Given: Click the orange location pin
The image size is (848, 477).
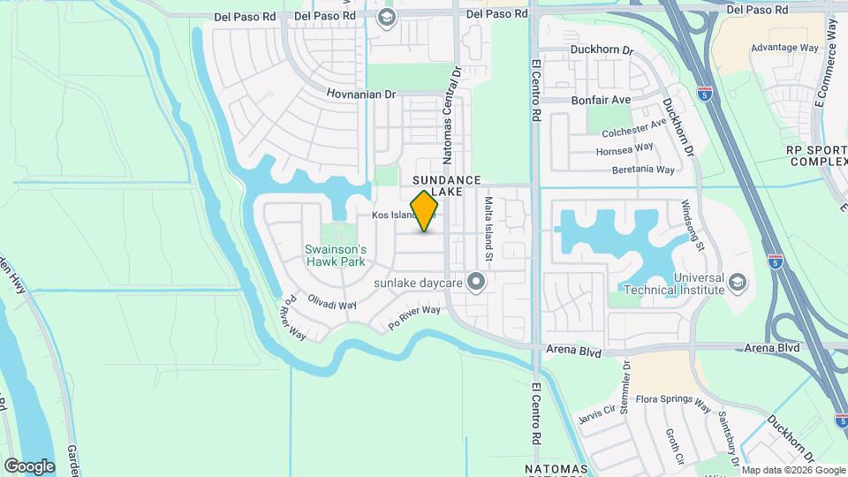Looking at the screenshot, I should (x=425, y=211).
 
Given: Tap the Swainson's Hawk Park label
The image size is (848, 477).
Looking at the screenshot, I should (x=335, y=255).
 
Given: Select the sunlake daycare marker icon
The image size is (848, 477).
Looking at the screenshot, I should (x=477, y=283).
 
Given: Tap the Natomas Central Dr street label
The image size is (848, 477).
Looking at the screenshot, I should (x=452, y=116).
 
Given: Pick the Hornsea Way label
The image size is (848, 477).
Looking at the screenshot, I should (x=625, y=149).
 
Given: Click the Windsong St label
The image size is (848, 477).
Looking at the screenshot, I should (x=692, y=225).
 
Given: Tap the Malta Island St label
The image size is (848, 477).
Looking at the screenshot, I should (x=487, y=229).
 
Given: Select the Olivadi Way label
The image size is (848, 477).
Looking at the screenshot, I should (x=332, y=304).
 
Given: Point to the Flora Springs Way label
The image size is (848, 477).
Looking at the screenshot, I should (x=673, y=403).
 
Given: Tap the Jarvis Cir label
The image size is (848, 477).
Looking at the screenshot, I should (x=597, y=412).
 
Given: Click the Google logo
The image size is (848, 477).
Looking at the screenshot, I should (x=29, y=466).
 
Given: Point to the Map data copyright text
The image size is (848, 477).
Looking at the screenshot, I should (x=792, y=470).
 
